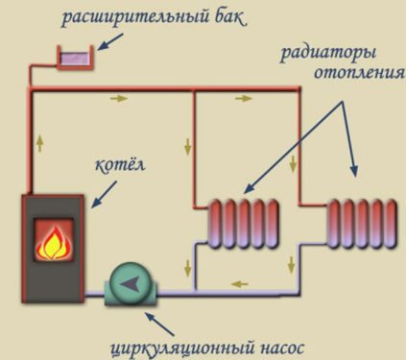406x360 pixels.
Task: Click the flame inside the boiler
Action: point(54,242)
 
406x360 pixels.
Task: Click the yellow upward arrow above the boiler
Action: point(39,144)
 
